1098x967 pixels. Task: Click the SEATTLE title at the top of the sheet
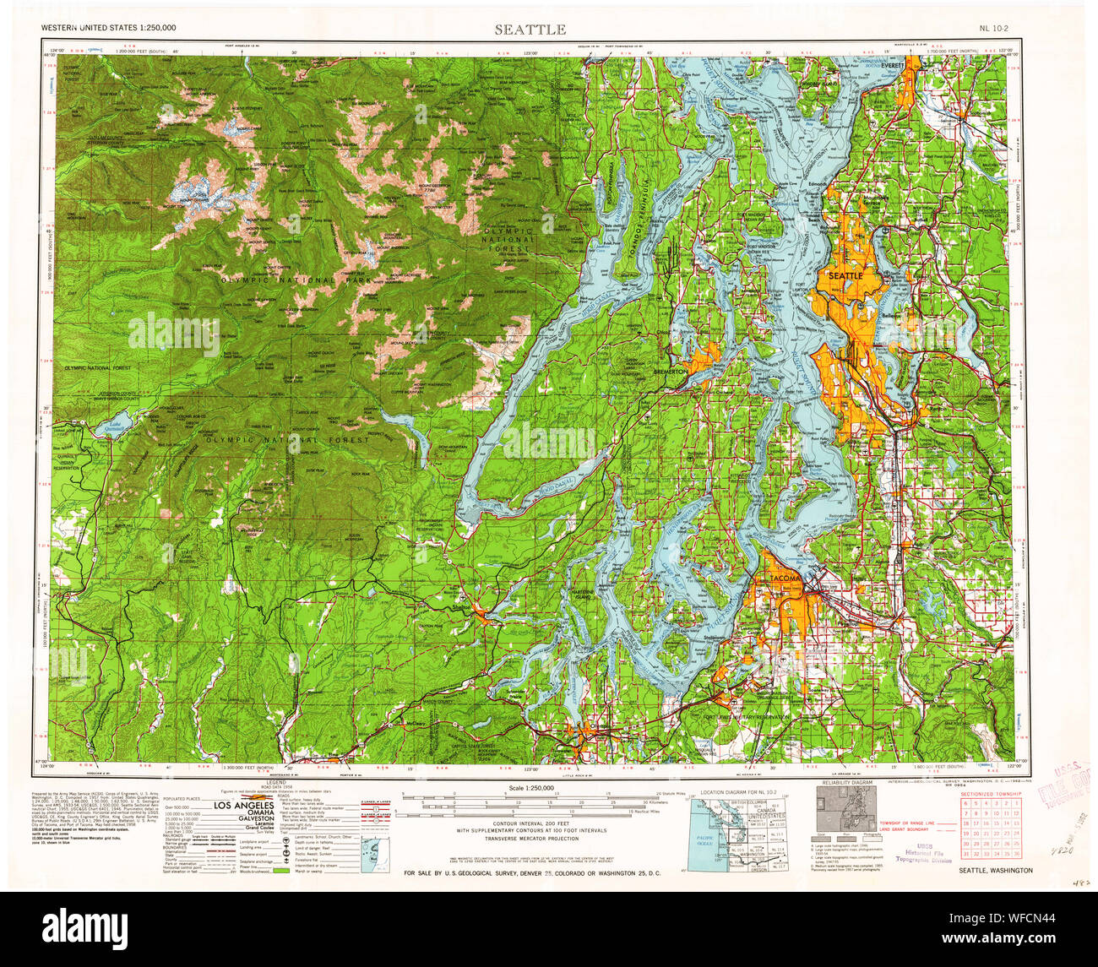pyautogui.click(x=530, y=30)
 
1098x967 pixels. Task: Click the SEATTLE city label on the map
pyautogui.click(x=845, y=275)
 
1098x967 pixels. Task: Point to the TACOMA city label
pyautogui.click(x=783, y=577)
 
